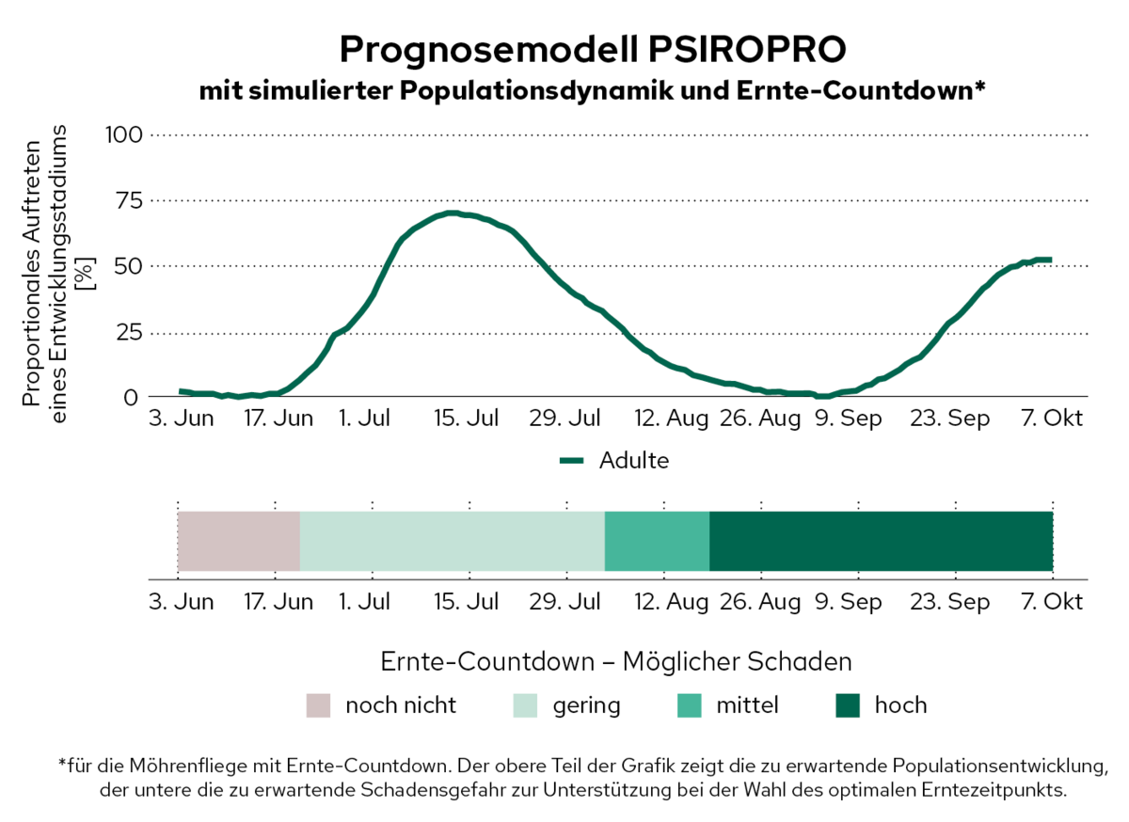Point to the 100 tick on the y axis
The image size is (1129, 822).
pyautogui.click(x=121, y=134)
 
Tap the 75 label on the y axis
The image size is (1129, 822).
pyautogui.click(x=127, y=200)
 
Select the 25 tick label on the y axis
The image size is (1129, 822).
pyautogui.click(x=127, y=332)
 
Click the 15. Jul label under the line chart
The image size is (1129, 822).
pyautogui.click(x=467, y=419)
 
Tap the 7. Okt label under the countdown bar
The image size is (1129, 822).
pyautogui.click(x=1052, y=602)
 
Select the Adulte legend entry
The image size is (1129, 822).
pyautogui.click(x=632, y=461)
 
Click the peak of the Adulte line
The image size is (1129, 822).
pyautogui.click(x=453, y=213)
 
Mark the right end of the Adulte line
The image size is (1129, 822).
pyautogui.click(x=1049, y=260)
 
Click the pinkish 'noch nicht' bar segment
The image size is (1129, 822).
pyautogui.click(x=239, y=541)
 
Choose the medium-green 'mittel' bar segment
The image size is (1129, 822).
pyautogui.click(x=657, y=541)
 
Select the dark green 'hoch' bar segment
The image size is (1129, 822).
pyautogui.click(x=881, y=541)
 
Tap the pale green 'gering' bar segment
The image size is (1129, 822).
pyautogui.click(x=452, y=541)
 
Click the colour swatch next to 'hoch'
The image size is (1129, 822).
pyautogui.click(x=848, y=705)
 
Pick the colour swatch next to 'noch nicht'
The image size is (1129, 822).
pyautogui.click(x=319, y=705)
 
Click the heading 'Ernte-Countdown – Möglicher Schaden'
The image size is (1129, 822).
pyautogui.click(x=616, y=661)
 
